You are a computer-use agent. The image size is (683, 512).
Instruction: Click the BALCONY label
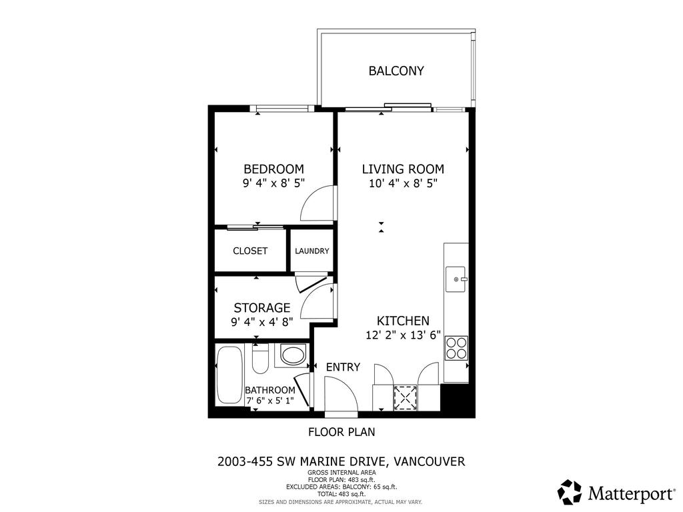point(396,71)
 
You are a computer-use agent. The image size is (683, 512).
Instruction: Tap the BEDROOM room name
point(273,169)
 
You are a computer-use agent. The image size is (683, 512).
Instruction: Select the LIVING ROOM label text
point(403,169)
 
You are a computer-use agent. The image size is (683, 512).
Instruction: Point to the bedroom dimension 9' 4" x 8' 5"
point(273,183)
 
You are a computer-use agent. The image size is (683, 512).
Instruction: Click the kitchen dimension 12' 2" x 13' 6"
point(403,335)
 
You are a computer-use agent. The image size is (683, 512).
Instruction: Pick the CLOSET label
point(250,251)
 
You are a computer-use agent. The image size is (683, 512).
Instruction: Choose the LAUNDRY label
point(312,251)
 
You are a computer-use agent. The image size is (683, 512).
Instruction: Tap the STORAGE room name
point(261,308)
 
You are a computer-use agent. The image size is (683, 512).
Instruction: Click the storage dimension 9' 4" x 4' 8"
point(261,322)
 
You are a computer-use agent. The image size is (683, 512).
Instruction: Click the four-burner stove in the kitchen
point(456,348)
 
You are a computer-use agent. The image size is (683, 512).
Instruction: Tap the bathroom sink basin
point(292,354)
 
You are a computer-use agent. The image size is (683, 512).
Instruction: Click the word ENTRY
point(343,367)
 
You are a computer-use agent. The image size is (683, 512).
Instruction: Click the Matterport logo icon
point(569,492)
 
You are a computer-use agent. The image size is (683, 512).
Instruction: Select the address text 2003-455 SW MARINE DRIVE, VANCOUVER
point(341,461)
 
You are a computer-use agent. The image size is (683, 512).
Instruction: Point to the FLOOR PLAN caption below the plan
point(341,432)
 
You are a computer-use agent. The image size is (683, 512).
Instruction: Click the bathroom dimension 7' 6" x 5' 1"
point(269,401)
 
